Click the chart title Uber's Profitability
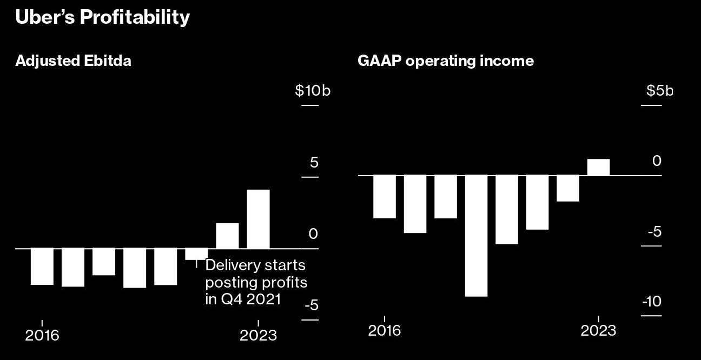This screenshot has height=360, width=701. [x=103, y=17]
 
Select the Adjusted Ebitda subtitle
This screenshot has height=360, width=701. [x=73, y=61]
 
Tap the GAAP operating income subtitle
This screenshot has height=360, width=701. [x=445, y=61]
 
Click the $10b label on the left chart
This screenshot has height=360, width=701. [x=312, y=91]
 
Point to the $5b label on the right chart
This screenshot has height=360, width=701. [x=659, y=91]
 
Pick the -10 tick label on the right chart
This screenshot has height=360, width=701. [x=651, y=302]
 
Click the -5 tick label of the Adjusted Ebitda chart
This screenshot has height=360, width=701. [x=311, y=306]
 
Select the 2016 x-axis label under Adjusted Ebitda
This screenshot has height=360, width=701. [x=42, y=335]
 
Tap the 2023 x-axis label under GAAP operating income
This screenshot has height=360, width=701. [x=598, y=330]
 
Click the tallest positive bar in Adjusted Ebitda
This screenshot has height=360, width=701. [x=258, y=219]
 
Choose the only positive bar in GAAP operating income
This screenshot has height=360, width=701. [x=598, y=168]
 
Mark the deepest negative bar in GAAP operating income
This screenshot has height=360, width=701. [x=476, y=236]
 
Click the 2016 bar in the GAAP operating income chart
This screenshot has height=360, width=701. [x=385, y=197]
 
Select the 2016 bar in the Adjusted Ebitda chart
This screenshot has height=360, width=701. [x=42, y=266]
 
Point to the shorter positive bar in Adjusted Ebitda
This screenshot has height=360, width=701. [x=227, y=236]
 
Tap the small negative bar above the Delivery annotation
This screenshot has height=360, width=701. [x=196, y=254]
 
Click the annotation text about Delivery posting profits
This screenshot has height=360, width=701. [x=255, y=282]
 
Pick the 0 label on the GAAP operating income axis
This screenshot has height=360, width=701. [x=657, y=161]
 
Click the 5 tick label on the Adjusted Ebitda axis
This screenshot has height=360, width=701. [x=314, y=163]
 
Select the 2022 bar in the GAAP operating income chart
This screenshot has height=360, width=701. [x=568, y=189]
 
